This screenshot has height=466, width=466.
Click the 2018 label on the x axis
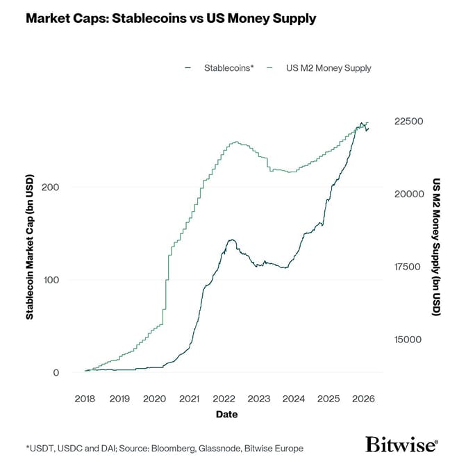coord(85,399)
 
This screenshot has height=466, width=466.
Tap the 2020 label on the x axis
coord(154,399)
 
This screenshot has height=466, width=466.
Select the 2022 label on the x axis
coord(224,399)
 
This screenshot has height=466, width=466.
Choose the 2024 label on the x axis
coord(294,399)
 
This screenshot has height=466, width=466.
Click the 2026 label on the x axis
coord(364,399)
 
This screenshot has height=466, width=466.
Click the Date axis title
coord(226,415)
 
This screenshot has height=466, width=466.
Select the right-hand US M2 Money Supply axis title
coord(437,247)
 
